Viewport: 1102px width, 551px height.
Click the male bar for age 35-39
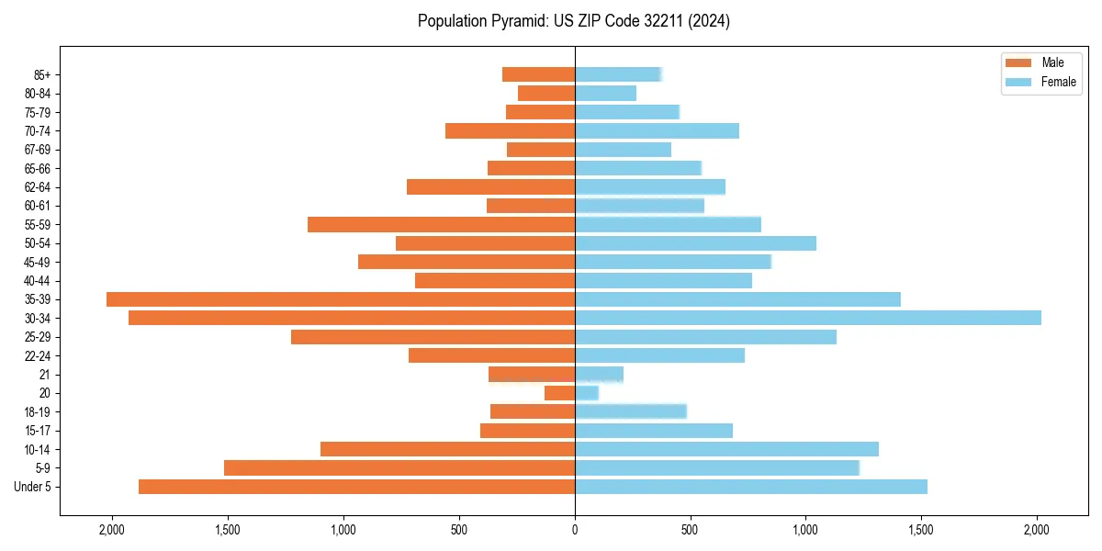[x=341, y=299]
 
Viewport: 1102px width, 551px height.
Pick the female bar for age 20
[x=587, y=393]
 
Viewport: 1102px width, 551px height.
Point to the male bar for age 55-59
[x=441, y=224]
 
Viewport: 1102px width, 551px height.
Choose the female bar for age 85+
[x=618, y=74]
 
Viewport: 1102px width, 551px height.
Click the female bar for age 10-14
[x=726, y=449]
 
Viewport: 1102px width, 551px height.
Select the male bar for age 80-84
[x=546, y=93]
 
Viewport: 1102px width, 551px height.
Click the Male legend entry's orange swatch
[x=1019, y=62]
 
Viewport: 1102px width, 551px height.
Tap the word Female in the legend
[x=1059, y=82]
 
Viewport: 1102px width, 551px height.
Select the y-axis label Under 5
[x=33, y=487]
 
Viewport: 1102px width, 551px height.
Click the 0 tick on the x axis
[x=575, y=530]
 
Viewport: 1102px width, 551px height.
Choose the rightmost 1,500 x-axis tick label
[x=921, y=530]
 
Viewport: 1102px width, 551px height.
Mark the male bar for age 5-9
[x=399, y=468]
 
